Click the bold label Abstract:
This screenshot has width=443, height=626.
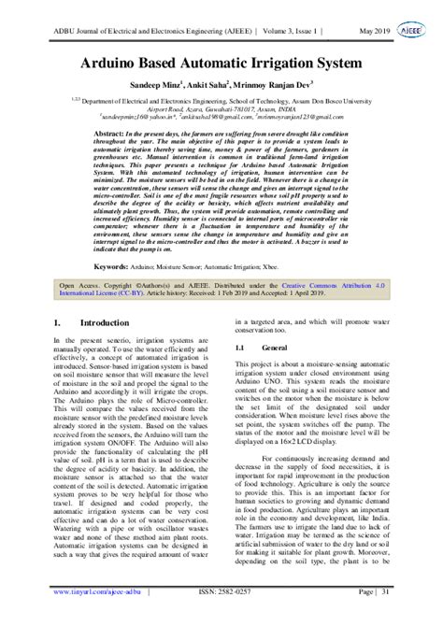coord(110,135)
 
